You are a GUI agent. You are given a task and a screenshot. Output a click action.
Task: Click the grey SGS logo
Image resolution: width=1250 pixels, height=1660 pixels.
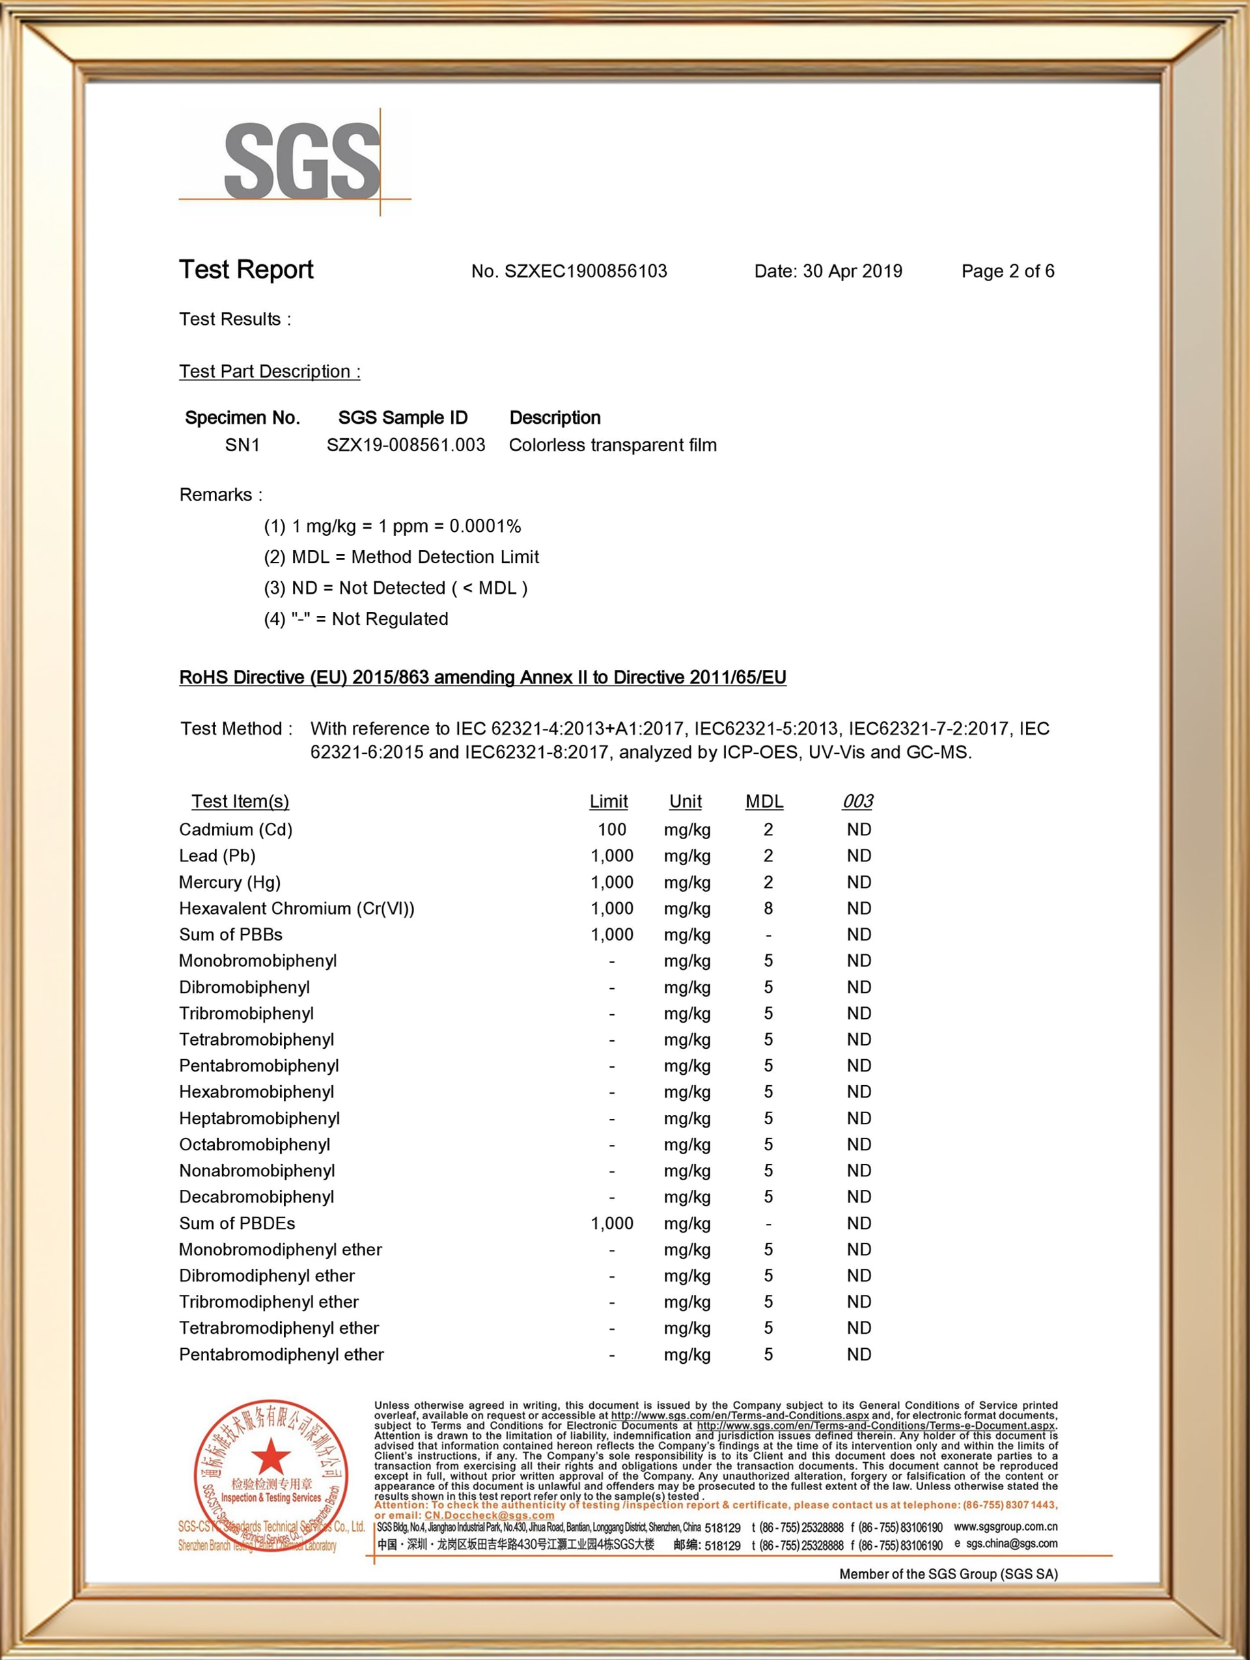[x=301, y=161]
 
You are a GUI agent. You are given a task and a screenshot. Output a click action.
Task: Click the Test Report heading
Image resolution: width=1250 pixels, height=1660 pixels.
[x=246, y=270]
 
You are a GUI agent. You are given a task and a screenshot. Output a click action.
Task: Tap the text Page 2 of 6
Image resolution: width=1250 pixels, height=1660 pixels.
[x=1008, y=271]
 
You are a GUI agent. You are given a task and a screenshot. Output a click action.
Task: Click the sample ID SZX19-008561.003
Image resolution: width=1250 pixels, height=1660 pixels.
[x=406, y=445]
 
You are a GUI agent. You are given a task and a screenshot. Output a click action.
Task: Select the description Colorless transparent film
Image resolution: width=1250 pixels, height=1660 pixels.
[x=612, y=445]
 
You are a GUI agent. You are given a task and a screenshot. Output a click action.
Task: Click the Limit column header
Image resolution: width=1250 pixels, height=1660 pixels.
[x=609, y=801]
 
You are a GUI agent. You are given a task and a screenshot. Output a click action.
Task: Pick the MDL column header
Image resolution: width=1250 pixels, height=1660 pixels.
[x=764, y=801]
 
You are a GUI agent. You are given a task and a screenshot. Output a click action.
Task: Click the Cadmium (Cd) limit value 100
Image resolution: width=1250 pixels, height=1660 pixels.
[x=611, y=829]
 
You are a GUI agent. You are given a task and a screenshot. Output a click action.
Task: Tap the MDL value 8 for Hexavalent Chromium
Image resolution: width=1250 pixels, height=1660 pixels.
[x=768, y=908]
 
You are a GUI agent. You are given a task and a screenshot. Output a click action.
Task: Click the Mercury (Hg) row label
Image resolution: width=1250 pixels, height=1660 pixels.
[x=230, y=882]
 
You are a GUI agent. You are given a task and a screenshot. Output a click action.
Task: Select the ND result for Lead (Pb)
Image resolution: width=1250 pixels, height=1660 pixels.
[x=858, y=855]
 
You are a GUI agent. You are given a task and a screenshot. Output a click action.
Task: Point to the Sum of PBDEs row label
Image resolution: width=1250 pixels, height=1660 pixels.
[x=237, y=1223]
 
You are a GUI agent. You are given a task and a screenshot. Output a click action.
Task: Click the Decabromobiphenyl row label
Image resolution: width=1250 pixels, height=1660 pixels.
[x=257, y=1197]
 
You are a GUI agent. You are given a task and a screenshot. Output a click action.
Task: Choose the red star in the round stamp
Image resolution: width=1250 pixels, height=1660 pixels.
[x=271, y=1458]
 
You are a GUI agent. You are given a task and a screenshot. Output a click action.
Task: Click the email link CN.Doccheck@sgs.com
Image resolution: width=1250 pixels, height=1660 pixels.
[x=489, y=1515]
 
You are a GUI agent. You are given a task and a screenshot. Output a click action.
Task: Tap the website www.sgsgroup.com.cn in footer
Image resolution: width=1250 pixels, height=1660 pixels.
[x=1005, y=1527]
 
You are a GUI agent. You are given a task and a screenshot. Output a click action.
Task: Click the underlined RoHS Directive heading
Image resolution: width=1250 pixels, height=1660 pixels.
[x=482, y=678]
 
